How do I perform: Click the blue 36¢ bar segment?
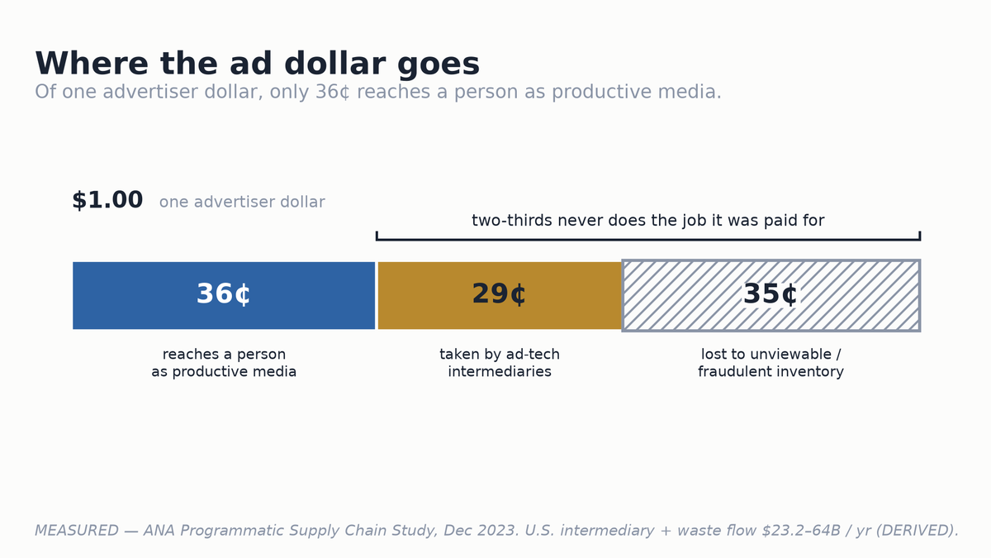[224, 295]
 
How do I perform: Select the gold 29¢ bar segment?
[500, 295]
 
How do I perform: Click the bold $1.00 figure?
[107, 200]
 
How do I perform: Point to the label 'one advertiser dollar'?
[242, 202]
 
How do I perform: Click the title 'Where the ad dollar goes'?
[257, 64]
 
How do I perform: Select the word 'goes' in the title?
[439, 65]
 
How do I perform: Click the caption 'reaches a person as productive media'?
[224, 363]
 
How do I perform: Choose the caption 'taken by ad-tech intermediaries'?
[500, 363]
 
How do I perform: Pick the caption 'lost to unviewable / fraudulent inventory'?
[771, 363]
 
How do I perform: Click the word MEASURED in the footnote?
[77, 530]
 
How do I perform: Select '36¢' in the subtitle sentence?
[333, 92]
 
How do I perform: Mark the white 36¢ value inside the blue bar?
[224, 293]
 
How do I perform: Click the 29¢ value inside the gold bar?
[499, 293]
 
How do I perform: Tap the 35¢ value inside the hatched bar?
[771, 293]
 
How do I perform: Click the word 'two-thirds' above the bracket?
[512, 220]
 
